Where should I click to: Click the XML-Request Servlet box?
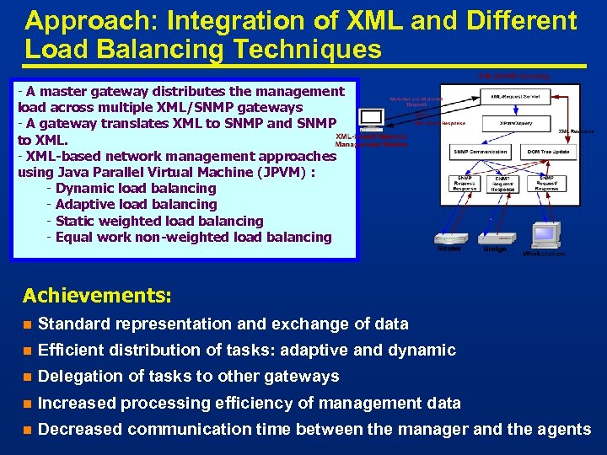click(519, 97)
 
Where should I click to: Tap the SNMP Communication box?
click(480, 152)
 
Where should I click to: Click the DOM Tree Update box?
click(545, 152)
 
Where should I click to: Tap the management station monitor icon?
click(370, 120)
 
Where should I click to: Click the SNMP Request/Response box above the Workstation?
click(547, 183)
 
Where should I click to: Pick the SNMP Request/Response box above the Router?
click(465, 183)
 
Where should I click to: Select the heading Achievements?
click(97, 296)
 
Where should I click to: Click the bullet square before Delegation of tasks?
click(27, 377)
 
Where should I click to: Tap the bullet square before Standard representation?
click(27, 324)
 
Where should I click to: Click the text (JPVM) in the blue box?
click(282, 172)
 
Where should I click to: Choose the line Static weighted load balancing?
click(158, 221)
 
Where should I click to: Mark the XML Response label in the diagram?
click(577, 131)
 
